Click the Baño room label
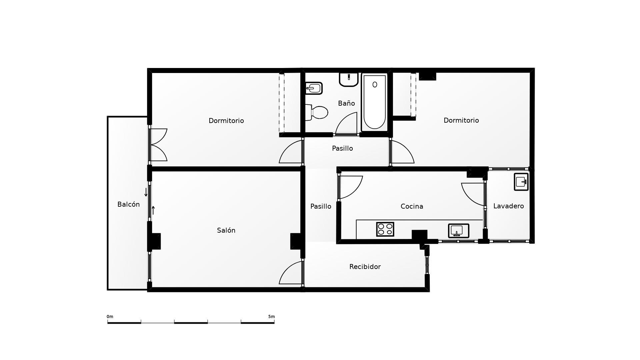pos(346,103)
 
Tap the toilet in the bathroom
pos(317,112)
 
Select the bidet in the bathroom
pos(314,88)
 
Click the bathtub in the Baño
pos(375,102)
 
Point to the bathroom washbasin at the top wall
pos(349,79)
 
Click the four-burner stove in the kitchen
pos(385,229)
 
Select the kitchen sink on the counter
pos(458,231)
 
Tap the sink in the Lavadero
pos(521,182)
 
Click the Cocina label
pos(412,206)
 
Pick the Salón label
pos(226,230)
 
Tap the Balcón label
pos(128,204)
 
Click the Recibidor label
pos(365,267)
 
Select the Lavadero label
pos(508,206)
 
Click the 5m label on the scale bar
pos(271,317)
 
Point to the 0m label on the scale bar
pos(110,317)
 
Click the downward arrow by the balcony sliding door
pos(146,192)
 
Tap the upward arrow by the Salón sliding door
pos(153,210)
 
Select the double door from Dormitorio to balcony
pos(158,145)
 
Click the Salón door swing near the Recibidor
pos(291,273)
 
